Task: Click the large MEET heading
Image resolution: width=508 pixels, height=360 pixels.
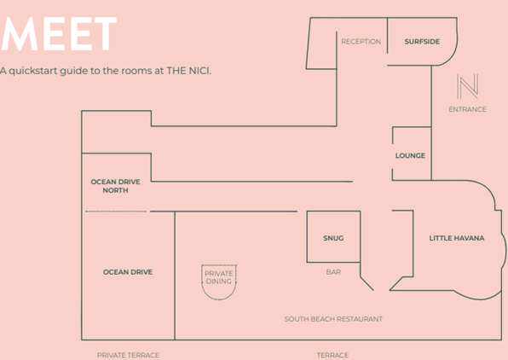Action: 59,34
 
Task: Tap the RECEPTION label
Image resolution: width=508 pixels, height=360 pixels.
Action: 361,42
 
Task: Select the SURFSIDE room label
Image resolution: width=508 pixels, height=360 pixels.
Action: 422,42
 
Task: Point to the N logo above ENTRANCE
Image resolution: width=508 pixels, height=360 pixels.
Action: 467,86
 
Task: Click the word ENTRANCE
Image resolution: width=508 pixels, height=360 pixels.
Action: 467,109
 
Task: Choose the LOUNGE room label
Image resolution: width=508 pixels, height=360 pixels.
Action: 410,155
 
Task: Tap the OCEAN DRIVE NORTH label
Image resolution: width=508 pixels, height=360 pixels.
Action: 116,186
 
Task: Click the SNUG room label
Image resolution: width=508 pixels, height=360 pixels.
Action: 333,238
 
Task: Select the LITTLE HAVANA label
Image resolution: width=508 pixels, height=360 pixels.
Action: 457,238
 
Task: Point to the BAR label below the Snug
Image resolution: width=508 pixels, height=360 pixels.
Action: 333,272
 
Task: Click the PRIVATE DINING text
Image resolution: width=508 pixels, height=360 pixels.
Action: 219,277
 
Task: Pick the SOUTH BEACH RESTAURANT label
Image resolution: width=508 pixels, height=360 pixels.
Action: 333,319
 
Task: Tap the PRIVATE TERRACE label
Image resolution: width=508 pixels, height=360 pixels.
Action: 129,355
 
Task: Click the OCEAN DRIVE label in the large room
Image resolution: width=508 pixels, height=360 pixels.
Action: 128,272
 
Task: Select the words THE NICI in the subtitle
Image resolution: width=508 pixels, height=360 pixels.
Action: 189,71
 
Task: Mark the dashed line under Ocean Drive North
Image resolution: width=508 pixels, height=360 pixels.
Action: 116,212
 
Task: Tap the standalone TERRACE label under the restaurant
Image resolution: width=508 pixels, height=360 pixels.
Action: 332,355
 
